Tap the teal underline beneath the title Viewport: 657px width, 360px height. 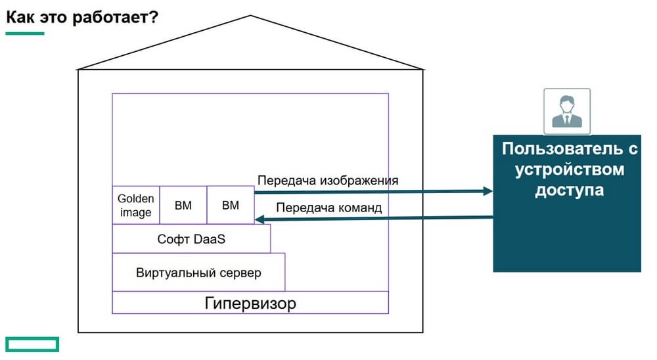[25, 33]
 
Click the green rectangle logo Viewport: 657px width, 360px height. [32, 344]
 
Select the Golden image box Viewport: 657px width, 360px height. [135, 205]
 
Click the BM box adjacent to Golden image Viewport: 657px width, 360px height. [183, 205]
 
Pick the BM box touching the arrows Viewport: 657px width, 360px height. [231, 205]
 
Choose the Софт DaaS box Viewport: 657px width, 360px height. [191, 239]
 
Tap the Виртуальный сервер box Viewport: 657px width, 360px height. [198, 272]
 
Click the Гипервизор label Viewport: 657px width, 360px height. [250, 304]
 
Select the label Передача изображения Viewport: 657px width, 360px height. [328, 180]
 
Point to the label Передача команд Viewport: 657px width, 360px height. [328, 208]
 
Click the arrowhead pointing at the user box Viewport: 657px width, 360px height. [487, 191]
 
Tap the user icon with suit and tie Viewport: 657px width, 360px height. [566, 111]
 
